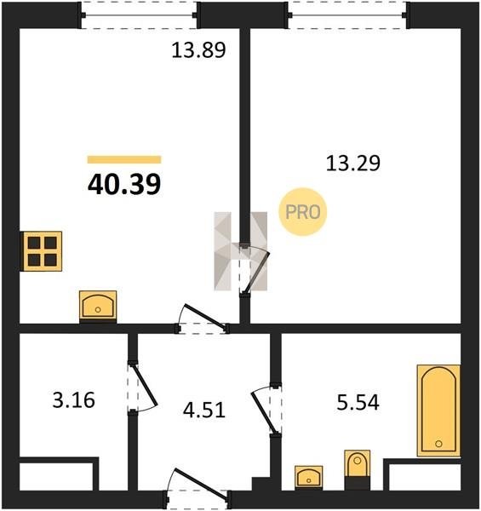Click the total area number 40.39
point(124,184)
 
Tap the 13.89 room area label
point(198,50)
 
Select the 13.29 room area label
point(353,163)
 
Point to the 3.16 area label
point(73,400)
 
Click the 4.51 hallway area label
point(204,410)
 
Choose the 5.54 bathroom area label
point(358,402)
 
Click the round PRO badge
point(302,212)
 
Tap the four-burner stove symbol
point(42,251)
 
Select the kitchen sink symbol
point(98,306)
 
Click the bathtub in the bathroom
point(438,411)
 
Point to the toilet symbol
point(358,469)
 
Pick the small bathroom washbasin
point(309,478)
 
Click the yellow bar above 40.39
point(124,159)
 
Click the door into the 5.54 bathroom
point(266,410)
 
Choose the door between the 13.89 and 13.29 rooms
point(255,270)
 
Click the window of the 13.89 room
point(139,15)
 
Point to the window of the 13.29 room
point(346,15)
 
